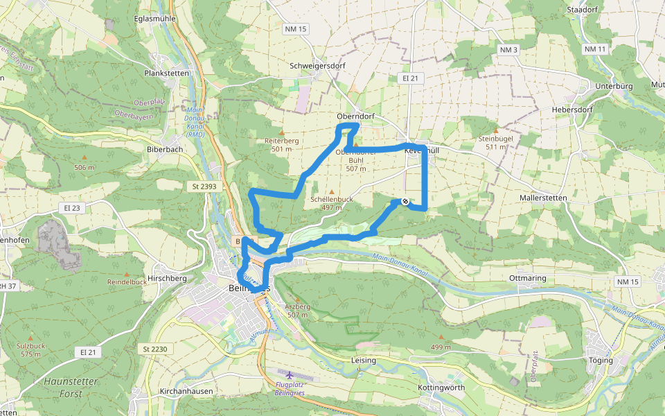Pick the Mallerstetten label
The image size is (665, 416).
(x=543, y=198)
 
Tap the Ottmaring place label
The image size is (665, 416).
(x=528, y=278)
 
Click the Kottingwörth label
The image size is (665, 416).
(x=442, y=388)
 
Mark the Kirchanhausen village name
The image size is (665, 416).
(x=187, y=392)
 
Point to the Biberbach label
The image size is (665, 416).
(x=164, y=148)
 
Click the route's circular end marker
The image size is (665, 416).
(x=405, y=202)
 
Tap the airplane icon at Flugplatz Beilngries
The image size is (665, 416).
(x=289, y=375)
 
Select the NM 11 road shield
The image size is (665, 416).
(x=595, y=49)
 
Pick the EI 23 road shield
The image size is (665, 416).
(x=72, y=208)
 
